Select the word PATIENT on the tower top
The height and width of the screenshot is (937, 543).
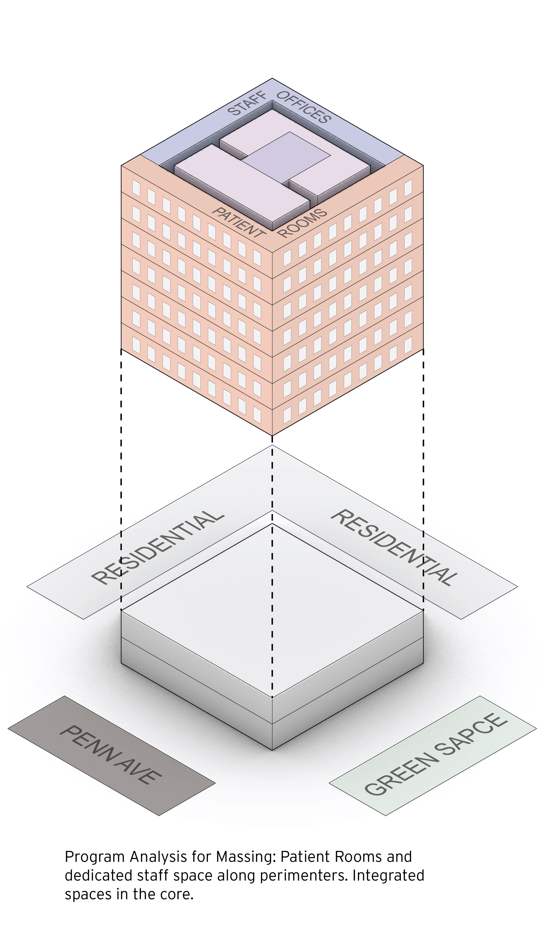click(x=238, y=222)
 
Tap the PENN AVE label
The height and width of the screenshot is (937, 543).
click(x=110, y=755)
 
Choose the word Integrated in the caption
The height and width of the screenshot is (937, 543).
click(x=388, y=876)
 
